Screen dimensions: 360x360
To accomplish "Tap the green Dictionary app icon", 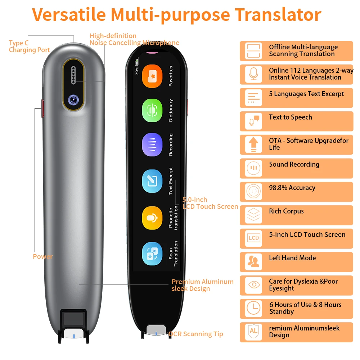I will [152, 111].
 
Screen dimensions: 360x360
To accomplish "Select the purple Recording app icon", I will [152, 145].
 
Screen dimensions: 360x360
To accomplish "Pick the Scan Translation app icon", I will [152, 253].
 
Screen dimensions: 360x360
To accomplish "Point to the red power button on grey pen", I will [42, 108].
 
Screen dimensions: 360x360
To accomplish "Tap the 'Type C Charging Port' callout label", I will [29, 46].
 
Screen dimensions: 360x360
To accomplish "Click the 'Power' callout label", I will [42, 257].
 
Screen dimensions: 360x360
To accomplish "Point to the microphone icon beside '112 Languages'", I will [253, 74].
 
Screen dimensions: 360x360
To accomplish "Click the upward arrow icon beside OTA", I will [253, 144].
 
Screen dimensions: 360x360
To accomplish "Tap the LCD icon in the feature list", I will [253, 238].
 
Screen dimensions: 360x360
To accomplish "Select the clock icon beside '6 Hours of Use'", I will [253, 308].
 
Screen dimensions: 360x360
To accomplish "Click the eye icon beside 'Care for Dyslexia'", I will [253, 285].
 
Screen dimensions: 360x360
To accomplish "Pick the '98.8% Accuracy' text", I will [292, 188].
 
